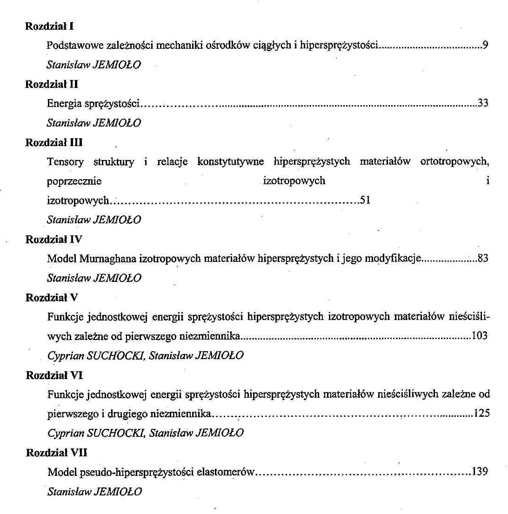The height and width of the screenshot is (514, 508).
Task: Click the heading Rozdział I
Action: coord(49,27)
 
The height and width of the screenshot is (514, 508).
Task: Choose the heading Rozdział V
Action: coord(51,298)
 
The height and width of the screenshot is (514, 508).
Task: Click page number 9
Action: coord(485,46)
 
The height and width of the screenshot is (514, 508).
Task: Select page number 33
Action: coord(483,104)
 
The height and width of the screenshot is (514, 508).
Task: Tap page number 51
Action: coord(365,201)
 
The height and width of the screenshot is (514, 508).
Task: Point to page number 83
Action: coord(483,259)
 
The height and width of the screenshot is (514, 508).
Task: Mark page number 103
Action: coord(480,336)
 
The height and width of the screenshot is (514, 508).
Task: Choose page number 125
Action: coord(481,413)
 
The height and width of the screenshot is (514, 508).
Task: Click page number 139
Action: coord(480,472)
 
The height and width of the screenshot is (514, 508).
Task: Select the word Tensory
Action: coord(65,162)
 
